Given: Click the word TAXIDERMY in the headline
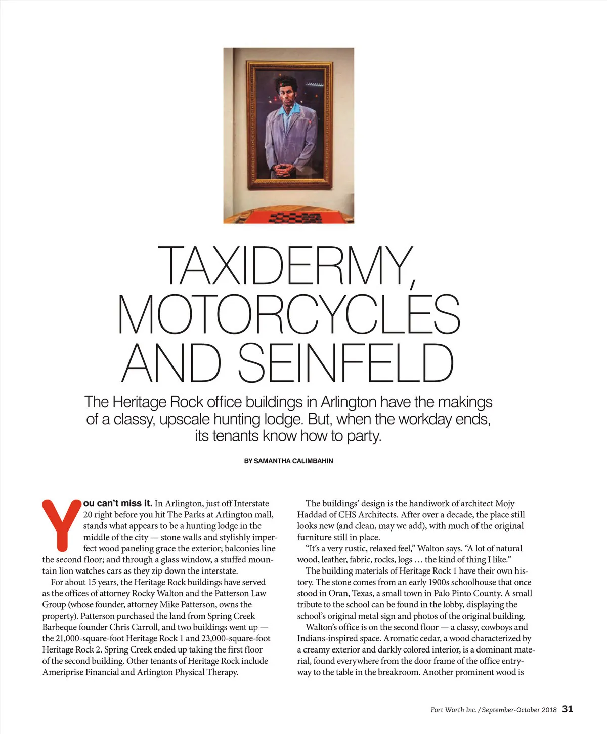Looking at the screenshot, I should coord(287,266).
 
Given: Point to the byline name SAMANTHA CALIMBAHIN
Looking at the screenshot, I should coord(293,461).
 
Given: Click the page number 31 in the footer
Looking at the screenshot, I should coord(568,709).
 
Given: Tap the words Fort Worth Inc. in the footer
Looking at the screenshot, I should coord(453,710).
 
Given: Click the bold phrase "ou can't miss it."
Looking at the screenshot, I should coord(118,503).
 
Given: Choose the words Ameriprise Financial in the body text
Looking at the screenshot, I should coord(81,672).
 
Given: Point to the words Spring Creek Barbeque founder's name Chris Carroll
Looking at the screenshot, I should coord(134,627).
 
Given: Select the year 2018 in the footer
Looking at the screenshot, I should coord(549,710).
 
